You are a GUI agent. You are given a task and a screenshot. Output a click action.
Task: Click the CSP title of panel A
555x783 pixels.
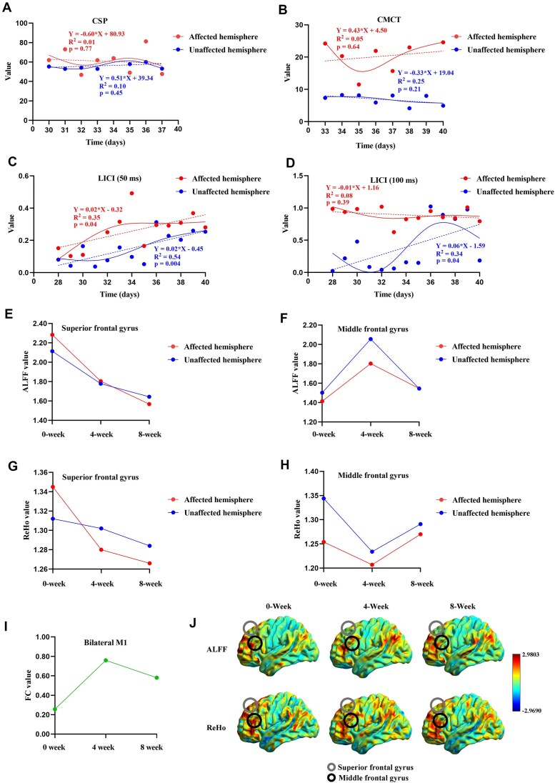click(x=100, y=21)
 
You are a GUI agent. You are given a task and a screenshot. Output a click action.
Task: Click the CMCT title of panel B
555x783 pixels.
click(x=389, y=19)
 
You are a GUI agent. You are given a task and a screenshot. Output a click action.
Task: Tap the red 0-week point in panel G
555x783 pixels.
click(x=53, y=487)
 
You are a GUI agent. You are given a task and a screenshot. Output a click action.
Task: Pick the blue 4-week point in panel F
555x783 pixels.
click(x=371, y=339)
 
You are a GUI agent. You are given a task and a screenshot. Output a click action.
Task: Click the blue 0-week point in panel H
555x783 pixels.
click(x=324, y=499)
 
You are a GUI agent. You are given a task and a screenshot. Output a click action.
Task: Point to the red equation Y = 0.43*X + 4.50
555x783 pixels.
click(x=361, y=31)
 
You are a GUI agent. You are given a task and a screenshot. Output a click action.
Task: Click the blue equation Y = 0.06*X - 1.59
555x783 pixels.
click(x=460, y=246)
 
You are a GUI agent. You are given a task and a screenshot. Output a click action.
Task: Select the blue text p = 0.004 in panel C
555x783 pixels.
click(x=167, y=263)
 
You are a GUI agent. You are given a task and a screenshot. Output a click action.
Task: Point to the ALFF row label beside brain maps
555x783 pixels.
click(x=216, y=649)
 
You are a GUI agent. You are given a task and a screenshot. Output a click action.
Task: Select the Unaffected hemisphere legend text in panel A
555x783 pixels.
click(x=228, y=50)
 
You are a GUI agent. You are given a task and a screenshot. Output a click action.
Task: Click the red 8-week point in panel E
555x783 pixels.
click(x=149, y=404)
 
